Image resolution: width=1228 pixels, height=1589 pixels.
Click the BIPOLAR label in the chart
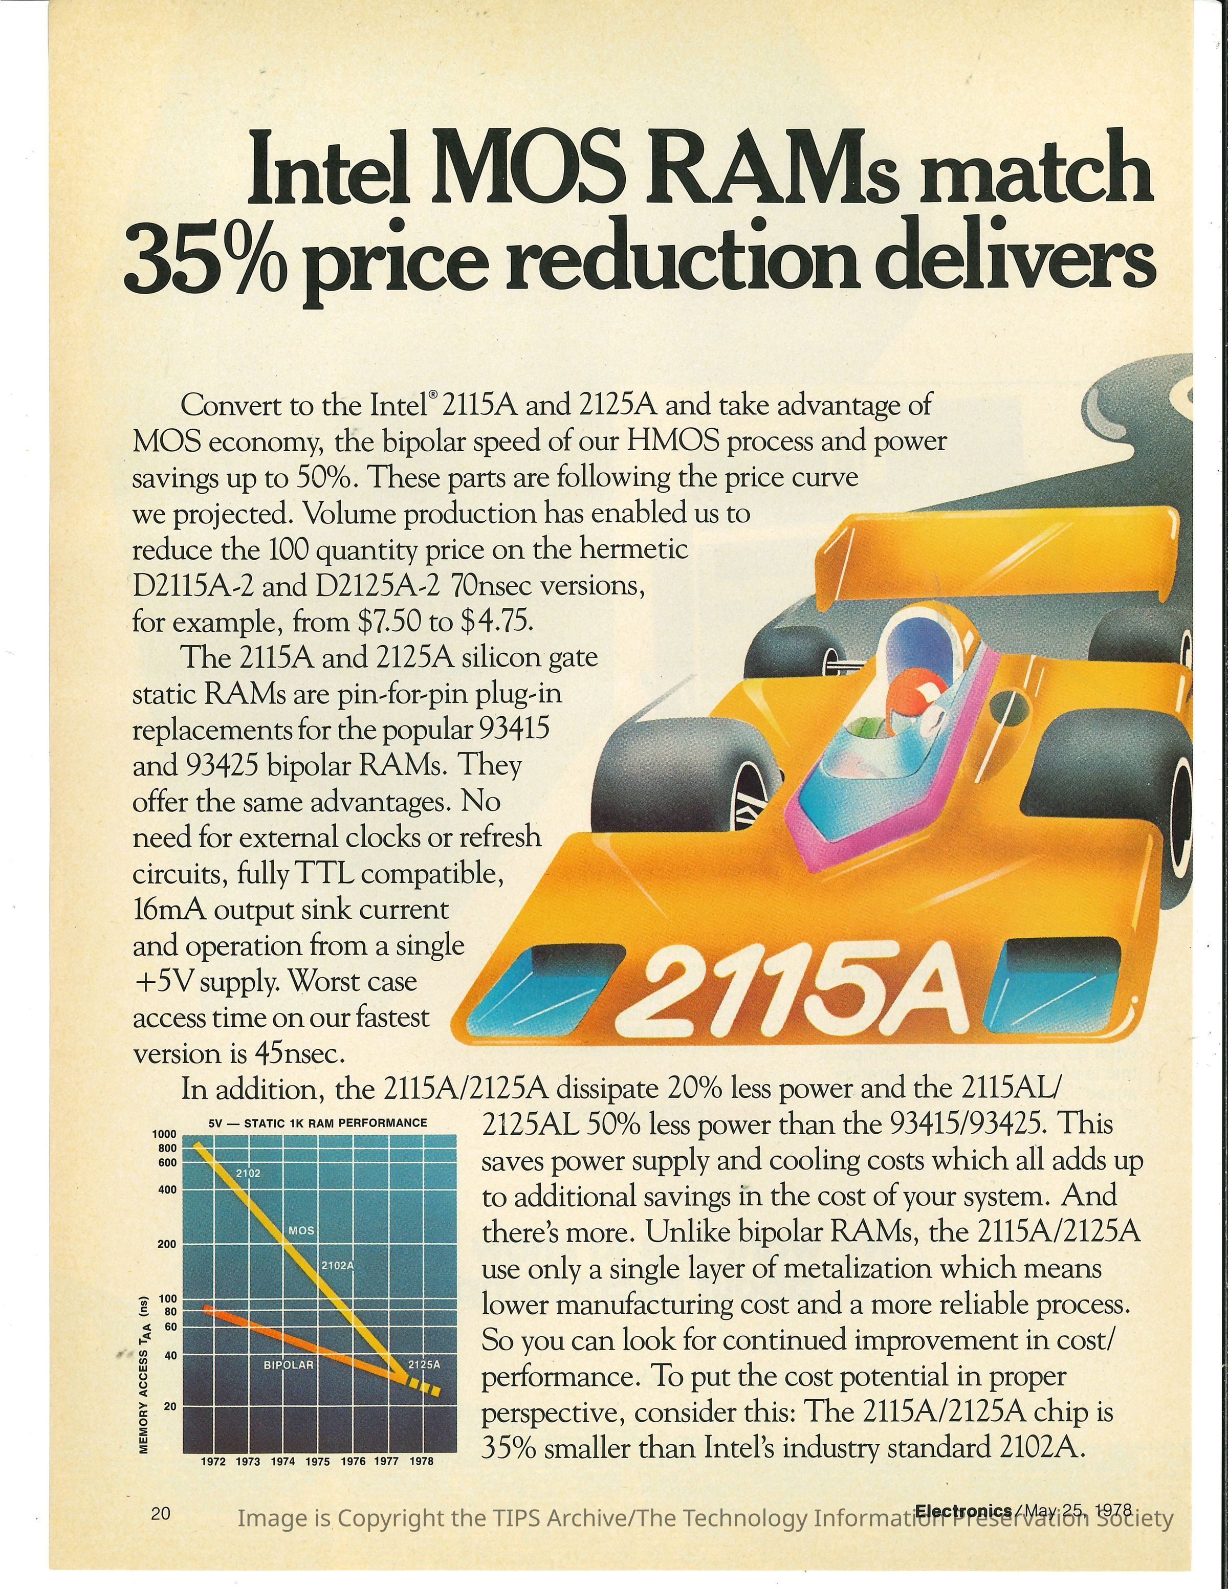pos(288,1365)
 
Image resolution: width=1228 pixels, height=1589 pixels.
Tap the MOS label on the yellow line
pos(301,1230)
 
